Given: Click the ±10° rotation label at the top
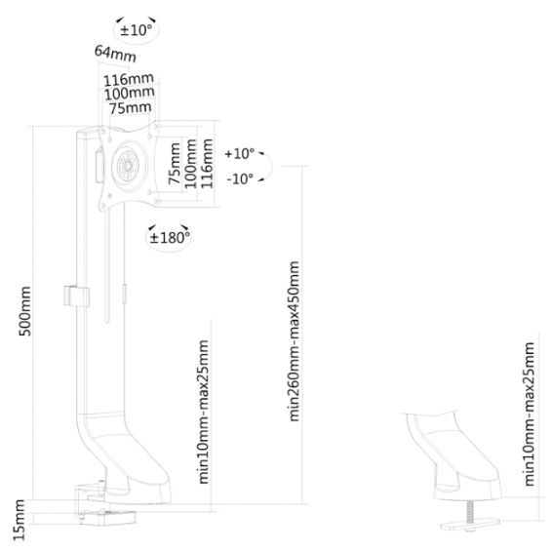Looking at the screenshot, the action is pyautogui.click(x=137, y=30).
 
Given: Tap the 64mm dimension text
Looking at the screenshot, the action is pyautogui.click(x=115, y=54).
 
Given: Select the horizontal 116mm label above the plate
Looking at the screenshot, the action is pyautogui.click(x=129, y=80).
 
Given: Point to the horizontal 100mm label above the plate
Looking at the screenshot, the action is pyautogui.click(x=130, y=94).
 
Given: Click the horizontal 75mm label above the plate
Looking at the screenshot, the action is pyautogui.click(x=131, y=107).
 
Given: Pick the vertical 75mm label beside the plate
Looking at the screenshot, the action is pyautogui.click(x=175, y=163).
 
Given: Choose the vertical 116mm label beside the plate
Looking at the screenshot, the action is pyautogui.click(x=207, y=163).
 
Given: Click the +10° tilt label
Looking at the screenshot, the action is pyautogui.click(x=240, y=154).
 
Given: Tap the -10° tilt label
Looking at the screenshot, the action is pyautogui.click(x=241, y=179).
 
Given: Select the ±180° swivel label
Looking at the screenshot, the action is pyautogui.click(x=170, y=238).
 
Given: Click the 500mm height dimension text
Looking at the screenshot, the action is pyautogui.click(x=24, y=311).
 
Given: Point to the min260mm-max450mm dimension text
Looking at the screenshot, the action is pyautogui.click(x=294, y=341).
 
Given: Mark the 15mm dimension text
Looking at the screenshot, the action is pyautogui.click(x=19, y=520).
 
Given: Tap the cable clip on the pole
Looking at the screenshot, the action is pyautogui.click(x=76, y=296).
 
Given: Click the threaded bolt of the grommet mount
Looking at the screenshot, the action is pyautogui.click(x=470, y=513).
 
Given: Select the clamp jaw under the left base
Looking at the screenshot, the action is pyautogui.click(x=107, y=517).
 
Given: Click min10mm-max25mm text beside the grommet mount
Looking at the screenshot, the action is pyautogui.click(x=530, y=414).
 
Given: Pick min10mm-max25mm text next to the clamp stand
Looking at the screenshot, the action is pyautogui.click(x=204, y=412).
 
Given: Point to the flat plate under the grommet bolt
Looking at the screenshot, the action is pyautogui.click(x=470, y=525).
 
